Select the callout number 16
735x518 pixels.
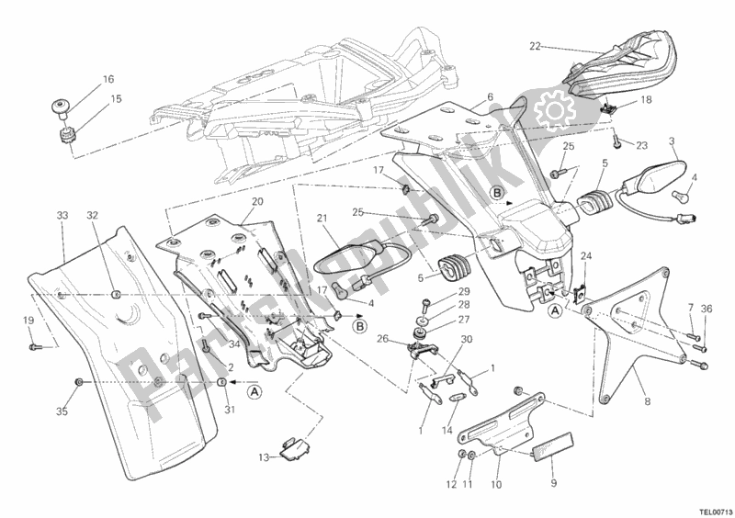108,79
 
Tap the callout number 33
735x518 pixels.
62,216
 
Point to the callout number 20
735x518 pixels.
232,202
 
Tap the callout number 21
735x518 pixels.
322,218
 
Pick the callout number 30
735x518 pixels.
467,340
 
